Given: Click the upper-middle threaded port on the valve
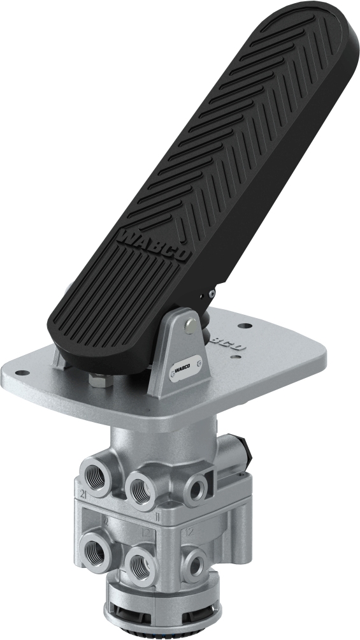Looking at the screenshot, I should point(141,488).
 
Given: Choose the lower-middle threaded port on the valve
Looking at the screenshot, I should point(138,563).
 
